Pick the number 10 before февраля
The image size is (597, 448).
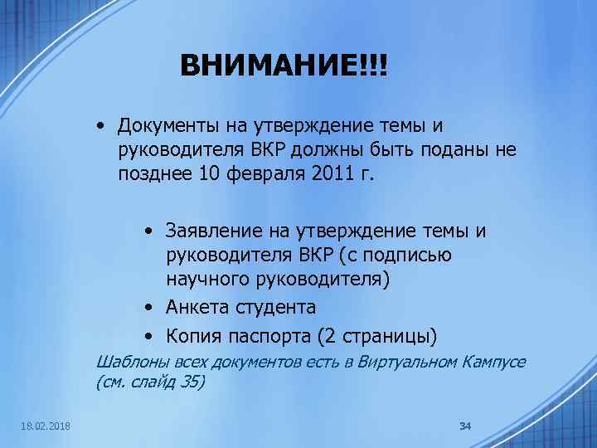(211, 174)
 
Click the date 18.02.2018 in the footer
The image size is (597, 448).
(46, 426)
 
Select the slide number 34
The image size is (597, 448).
(464, 426)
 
